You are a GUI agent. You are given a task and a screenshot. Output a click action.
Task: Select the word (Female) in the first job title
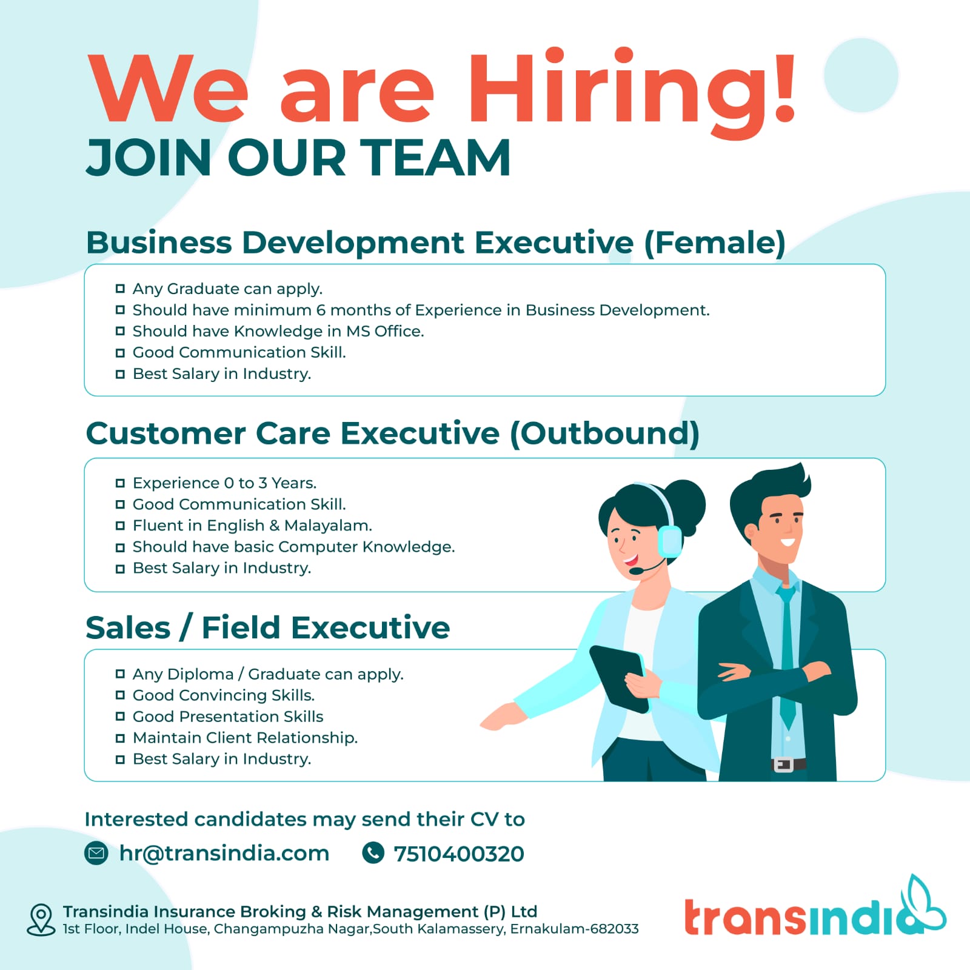714,243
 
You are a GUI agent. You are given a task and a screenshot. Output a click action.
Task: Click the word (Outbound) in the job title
604,434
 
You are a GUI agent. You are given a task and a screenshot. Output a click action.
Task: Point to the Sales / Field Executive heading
268,628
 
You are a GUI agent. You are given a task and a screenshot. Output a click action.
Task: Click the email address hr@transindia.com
224,854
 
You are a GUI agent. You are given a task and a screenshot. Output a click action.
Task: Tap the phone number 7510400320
459,854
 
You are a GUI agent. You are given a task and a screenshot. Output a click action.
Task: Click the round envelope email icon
96,853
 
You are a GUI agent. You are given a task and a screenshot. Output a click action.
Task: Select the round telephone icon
373,852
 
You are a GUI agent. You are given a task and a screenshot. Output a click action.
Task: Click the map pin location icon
41,920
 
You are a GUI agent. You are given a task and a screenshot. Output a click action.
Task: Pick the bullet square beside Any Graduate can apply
120,289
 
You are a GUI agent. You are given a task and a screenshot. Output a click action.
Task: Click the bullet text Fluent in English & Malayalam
252,526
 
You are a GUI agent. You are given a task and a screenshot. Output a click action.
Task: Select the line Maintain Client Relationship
245,738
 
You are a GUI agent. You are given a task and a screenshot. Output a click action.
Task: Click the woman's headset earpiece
669,541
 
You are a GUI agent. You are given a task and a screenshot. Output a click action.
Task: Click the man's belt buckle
783,765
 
